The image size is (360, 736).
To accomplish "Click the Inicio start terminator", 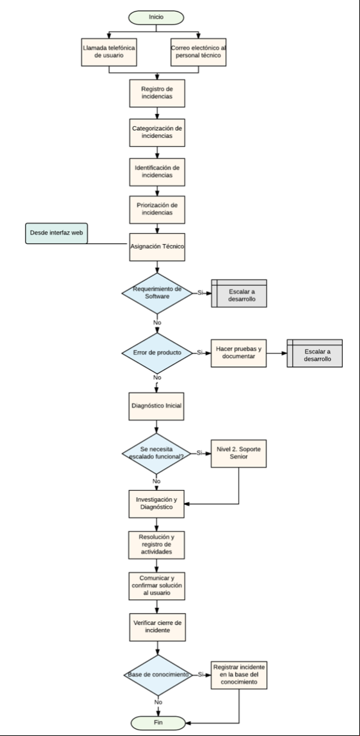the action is click(x=156, y=17).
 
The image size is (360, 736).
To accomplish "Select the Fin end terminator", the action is click(x=158, y=723).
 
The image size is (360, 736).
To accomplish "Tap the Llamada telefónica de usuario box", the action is click(x=109, y=52).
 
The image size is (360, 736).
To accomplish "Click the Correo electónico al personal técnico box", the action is click(x=198, y=52).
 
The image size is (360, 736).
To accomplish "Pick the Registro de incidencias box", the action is click(x=157, y=93).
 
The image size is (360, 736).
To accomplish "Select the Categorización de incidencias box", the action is click(x=157, y=133).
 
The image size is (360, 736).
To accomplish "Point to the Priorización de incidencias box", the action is click(x=157, y=209).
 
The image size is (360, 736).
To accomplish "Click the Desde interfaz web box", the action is click(x=56, y=233).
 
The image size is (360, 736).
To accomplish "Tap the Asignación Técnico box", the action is click(x=157, y=247).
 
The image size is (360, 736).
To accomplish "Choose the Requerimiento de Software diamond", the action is click(x=157, y=294).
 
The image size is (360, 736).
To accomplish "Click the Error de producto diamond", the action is click(x=157, y=353).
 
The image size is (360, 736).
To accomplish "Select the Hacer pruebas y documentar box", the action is click(x=238, y=353).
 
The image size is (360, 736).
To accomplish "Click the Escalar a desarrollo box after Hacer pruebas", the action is click(x=314, y=353).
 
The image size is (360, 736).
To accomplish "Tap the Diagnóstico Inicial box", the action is click(x=156, y=406).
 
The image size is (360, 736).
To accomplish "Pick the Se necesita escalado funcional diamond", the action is click(x=156, y=453).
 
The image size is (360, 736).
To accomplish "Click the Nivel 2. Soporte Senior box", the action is click(x=238, y=453).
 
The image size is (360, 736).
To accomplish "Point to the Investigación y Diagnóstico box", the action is click(x=156, y=504).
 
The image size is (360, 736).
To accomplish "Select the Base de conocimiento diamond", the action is click(x=158, y=675).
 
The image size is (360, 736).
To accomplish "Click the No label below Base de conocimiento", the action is click(x=158, y=703).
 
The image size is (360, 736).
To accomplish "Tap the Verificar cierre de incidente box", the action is click(x=157, y=627).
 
